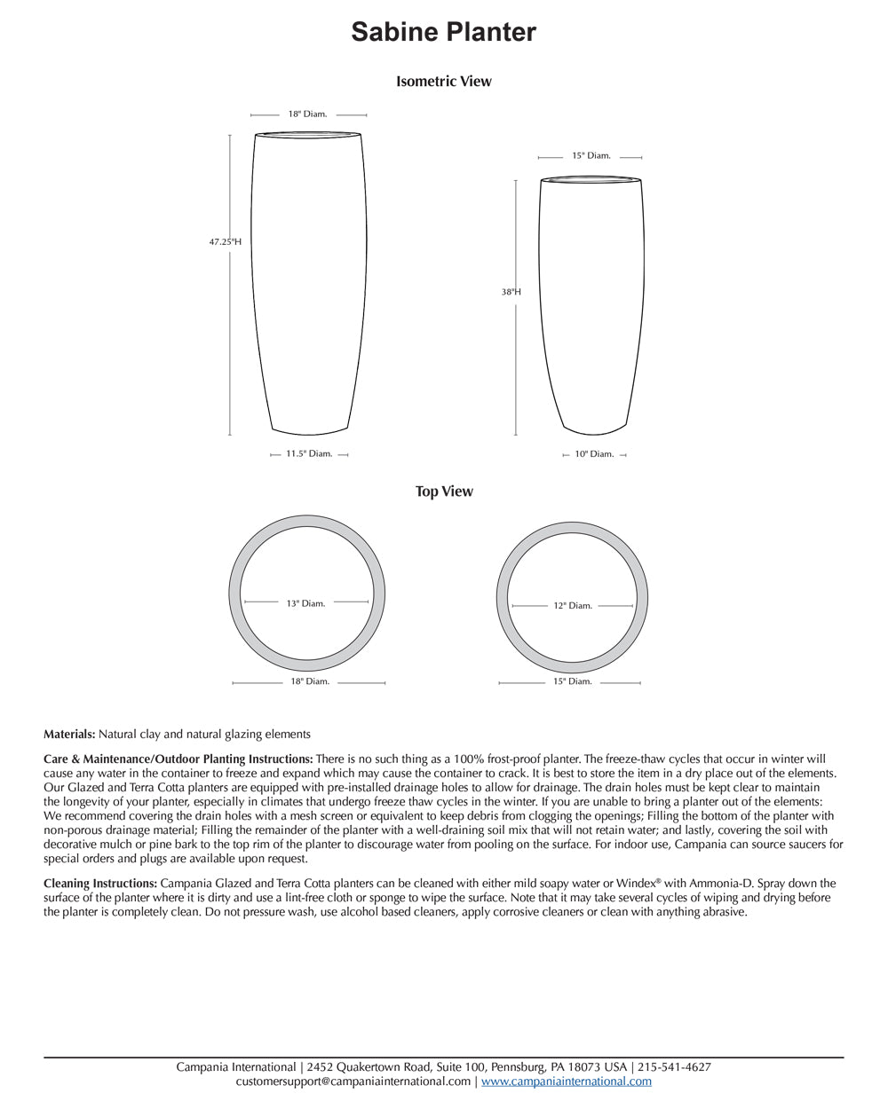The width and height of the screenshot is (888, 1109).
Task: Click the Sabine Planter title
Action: (443, 32)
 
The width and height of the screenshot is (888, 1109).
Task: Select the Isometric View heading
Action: (443, 82)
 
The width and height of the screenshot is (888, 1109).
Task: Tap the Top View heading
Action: (444, 492)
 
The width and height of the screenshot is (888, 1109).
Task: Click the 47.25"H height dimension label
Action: (226, 241)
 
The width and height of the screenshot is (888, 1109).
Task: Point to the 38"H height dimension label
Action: (511, 292)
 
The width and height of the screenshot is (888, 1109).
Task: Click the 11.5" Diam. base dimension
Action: (309, 454)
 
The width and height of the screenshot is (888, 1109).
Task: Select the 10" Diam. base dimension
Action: (594, 454)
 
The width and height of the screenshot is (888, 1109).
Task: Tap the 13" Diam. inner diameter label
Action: (305, 603)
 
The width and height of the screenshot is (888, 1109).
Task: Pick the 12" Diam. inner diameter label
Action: (573, 606)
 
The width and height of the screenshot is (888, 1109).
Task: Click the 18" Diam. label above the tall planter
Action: (307, 114)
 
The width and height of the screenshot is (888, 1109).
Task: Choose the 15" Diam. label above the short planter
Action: (591, 156)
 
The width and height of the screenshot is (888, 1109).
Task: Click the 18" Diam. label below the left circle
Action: (310, 681)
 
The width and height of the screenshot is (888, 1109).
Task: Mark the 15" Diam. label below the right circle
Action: (573, 681)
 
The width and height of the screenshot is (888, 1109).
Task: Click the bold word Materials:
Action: (69, 735)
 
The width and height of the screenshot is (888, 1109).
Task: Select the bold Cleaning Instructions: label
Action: (100, 884)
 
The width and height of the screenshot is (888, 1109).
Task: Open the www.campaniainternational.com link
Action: (567, 1081)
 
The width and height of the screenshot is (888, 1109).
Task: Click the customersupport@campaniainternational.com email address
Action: (353, 1081)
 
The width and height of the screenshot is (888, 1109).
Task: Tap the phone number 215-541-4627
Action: (674, 1067)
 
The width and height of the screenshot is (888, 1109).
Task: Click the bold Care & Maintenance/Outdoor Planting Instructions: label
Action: (178, 759)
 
